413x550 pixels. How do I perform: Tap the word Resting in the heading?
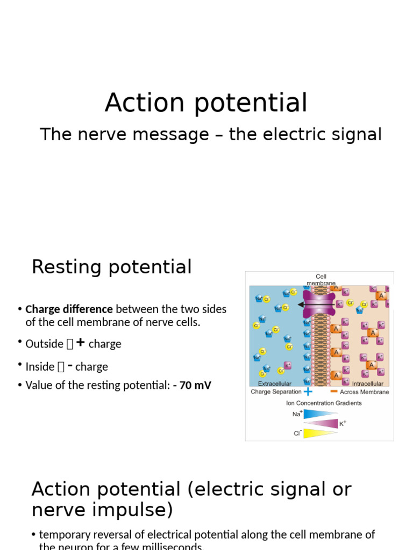tap(65, 267)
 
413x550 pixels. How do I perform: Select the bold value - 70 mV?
tap(193, 385)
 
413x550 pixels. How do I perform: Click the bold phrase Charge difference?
tap(69, 309)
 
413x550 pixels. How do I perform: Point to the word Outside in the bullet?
tap(44, 344)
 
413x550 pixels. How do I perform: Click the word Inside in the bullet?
tap(40, 367)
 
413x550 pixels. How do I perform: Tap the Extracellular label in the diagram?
tap(275, 383)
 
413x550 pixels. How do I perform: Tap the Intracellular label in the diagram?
tap(368, 383)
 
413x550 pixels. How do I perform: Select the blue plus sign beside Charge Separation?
tap(308, 392)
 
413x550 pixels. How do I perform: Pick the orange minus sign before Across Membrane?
tap(334, 392)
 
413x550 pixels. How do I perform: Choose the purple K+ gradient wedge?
tap(321, 423)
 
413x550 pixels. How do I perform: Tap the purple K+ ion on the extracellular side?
tap(288, 365)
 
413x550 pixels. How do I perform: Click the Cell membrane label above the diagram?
tap(321, 280)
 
